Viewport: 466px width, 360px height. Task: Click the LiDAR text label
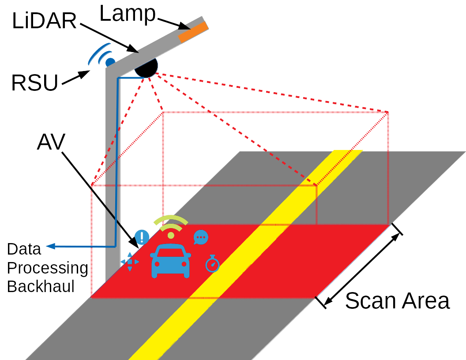tap(44, 21)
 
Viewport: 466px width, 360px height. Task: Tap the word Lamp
tap(128, 13)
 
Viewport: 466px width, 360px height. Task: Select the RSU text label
tap(34, 83)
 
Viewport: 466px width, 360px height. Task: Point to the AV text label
tap(51, 142)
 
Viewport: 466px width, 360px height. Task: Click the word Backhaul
tap(41, 286)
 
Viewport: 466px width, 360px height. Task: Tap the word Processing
tap(48, 268)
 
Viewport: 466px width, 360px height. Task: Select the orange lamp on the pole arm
tap(193, 32)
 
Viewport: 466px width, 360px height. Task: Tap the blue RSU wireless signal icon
tap(102, 56)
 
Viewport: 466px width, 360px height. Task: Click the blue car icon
tap(170, 261)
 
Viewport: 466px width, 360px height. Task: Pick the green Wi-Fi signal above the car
tap(171, 225)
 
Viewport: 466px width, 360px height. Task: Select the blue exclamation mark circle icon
tap(142, 237)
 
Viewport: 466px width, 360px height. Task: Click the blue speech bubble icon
tap(201, 237)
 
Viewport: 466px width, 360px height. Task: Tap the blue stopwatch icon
tap(212, 264)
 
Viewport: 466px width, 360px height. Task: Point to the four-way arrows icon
tap(130, 262)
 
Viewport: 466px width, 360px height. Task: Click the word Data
tap(24, 249)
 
